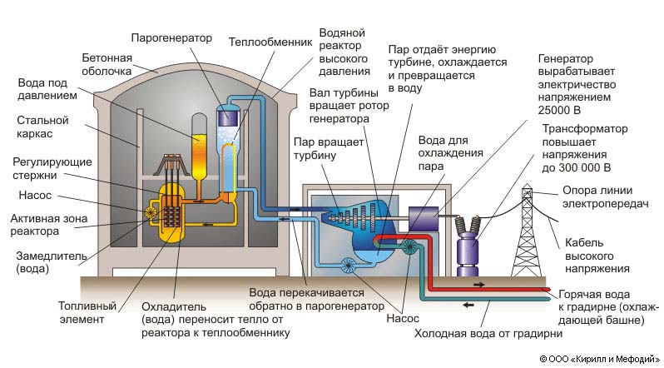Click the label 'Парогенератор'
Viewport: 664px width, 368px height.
pyautogui.click(x=173, y=37)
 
